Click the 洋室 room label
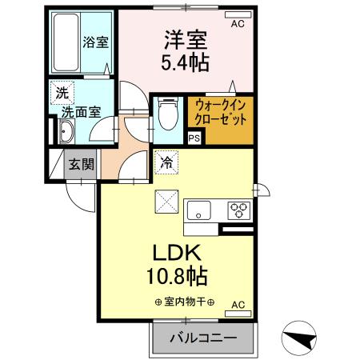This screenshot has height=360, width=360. pos(188,38)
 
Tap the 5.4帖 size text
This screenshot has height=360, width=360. pos(188,62)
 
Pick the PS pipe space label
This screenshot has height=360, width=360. pos(193,138)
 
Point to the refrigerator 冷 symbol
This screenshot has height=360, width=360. pos(167,162)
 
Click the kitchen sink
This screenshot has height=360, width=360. pos(198,210)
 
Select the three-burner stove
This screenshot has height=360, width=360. pos(238,210)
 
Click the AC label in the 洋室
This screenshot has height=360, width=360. pos(237,24)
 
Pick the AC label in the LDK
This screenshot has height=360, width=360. pos(238,305)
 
